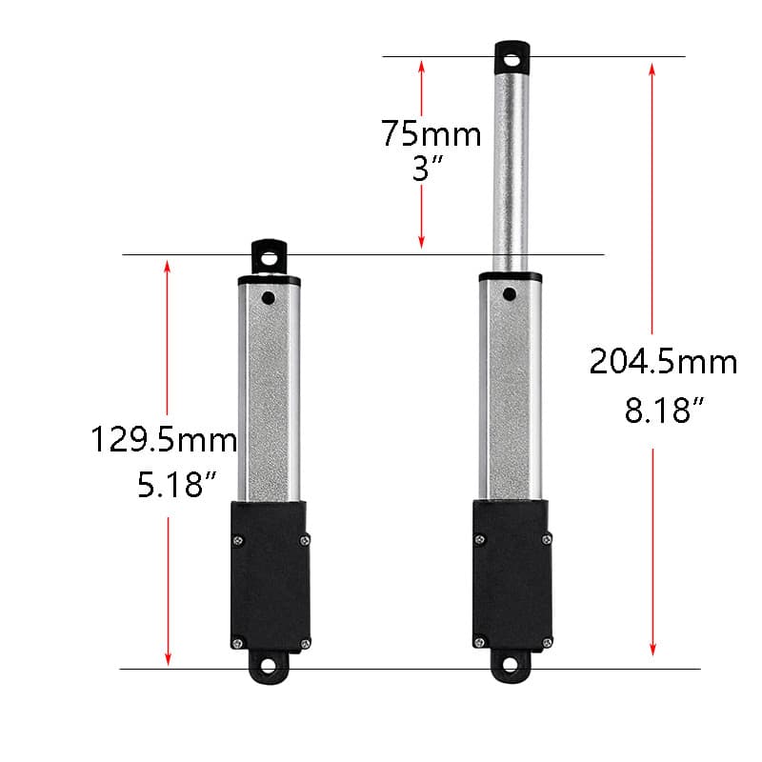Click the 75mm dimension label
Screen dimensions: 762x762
[x=431, y=133]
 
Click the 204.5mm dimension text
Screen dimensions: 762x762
[x=663, y=363]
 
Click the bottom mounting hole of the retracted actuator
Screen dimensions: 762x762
[x=271, y=668]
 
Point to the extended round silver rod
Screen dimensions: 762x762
[x=512, y=171]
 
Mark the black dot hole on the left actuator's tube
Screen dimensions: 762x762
[x=270, y=298]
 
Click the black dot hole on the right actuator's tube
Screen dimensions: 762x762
[x=511, y=294]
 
